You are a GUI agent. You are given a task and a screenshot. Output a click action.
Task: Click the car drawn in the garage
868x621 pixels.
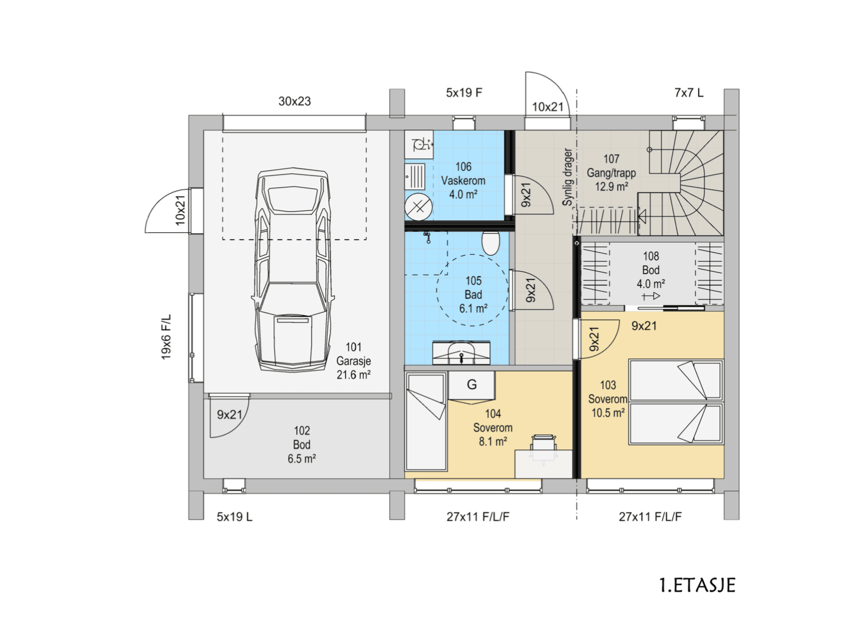click(x=293, y=270)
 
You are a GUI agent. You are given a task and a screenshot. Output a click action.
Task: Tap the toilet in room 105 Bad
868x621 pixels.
click(x=490, y=243)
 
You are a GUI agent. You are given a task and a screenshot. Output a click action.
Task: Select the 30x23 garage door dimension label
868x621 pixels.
click(x=295, y=101)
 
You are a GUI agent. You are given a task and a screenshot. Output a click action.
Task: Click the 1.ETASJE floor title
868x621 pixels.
click(x=697, y=585)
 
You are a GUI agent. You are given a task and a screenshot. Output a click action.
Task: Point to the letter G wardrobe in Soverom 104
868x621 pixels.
click(x=472, y=385)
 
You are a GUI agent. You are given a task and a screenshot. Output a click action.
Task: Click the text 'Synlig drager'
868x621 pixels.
click(x=567, y=177)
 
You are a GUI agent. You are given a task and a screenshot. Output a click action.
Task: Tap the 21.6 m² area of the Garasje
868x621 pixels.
click(x=354, y=375)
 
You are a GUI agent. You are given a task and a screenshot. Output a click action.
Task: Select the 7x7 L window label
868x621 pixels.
click(x=689, y=93)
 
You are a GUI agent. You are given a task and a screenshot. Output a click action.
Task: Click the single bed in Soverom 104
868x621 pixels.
click(x=426, y=422)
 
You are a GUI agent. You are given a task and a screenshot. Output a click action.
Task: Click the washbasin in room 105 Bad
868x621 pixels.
click(x=461, y=352)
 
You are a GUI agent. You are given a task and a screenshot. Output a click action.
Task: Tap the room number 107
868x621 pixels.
click(x=611, y=159)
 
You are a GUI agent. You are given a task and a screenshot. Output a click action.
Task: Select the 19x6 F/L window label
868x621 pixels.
click(x=166, y=337)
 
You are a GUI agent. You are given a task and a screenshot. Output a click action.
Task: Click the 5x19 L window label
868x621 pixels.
click(x=234, y=516)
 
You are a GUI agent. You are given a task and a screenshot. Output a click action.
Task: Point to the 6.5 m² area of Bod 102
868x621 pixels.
click(x=301, y=459)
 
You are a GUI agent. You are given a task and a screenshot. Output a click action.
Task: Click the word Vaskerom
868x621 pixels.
click(x=463, y=181)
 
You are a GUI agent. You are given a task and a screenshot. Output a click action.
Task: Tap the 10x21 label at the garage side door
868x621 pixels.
click(x=180, y=210)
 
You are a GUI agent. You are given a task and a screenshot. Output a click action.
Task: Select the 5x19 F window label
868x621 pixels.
click(x=464, y=93)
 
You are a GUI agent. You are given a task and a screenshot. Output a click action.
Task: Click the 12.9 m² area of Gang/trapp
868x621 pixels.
click(x=611, y=187)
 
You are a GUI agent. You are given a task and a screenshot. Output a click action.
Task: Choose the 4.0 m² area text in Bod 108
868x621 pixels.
click(x=651, y=284)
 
